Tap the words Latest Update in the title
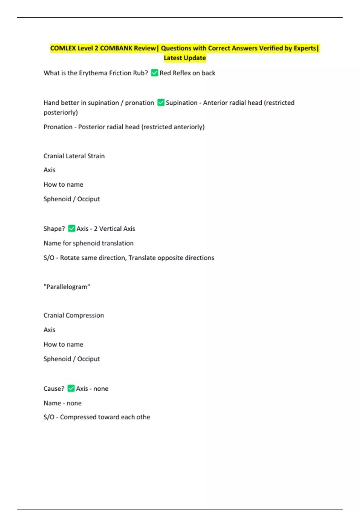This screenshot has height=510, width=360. (185, 58)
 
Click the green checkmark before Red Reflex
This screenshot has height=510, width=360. (154, 73)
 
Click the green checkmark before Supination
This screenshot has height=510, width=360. (161, 103)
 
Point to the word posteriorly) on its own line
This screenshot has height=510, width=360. (61, 112)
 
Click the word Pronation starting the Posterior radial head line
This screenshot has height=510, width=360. (58, 127)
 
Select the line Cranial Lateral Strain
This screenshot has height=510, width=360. (74, 156)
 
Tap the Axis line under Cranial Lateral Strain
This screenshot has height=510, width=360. (49, 170)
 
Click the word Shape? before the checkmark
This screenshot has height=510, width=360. (54, 229)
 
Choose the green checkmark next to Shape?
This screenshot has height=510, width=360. (71, 229)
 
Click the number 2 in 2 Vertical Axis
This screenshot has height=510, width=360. (95, 229)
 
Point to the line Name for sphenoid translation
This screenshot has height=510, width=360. (88, 243)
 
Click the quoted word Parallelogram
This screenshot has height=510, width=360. (67, 287)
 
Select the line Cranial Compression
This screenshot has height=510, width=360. (74, 315)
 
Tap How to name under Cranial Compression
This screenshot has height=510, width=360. (63, 344)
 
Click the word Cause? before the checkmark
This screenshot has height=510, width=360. (54, 388)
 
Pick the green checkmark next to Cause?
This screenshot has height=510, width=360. (71, 388)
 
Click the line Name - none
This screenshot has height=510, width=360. (62, 403)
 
